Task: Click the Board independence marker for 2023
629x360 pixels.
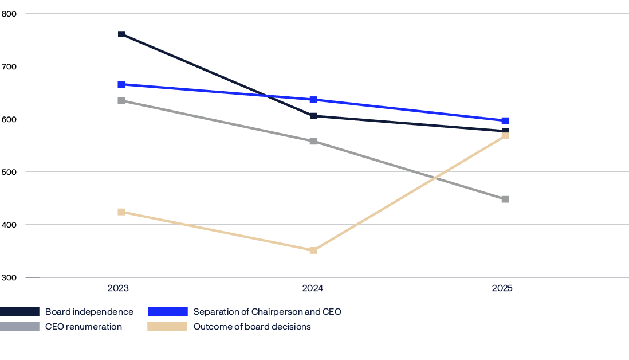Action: click(x=121, y=34)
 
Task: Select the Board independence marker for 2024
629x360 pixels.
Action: click(x=313, y=116)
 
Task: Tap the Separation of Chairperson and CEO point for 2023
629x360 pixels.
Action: click(x=121, y=84)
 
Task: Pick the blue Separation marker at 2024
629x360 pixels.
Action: click(x=313, y=100)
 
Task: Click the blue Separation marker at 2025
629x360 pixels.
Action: click(x=505, y=121)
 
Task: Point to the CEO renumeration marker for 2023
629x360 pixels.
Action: click(x=121, y=101)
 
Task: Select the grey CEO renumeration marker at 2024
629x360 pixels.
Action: click(x=313, y=141)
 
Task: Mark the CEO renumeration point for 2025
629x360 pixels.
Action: click(x=505, y=199)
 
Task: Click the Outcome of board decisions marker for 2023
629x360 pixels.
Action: click(x=121, y=212)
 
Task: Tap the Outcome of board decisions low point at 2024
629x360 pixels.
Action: click(x=313, y=251)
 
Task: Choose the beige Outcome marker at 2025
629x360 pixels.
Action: click(x=505, y=135)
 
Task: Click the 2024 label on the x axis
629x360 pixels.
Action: click(x=313, y=288)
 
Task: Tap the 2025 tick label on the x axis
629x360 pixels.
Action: click(x=502, y=288)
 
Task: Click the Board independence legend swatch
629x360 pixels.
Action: click(x=19, y=312)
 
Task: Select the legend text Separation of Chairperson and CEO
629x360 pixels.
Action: click(x=267, y=312)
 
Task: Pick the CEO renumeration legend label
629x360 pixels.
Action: click(x=84, y=327)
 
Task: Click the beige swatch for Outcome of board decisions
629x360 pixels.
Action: click(x=167, y=327)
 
